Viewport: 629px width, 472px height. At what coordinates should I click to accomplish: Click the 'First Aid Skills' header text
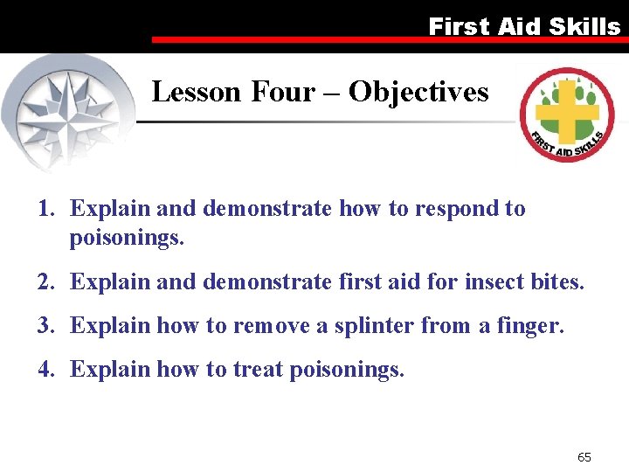pyautogui.click(x=524, y=26)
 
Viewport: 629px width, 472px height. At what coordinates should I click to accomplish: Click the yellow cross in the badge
pyautogui.click(x=565, y=112)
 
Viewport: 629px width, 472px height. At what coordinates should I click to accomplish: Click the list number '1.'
pyautogui.click(x=48, y=209)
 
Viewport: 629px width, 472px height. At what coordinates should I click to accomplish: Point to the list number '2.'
pyautogui.click(x=48, y=282)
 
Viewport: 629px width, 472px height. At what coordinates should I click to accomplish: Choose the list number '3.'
pyautogui.click(x=48, y=326)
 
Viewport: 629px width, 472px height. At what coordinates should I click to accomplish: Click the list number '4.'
pyautogui.click(x=48, y=370)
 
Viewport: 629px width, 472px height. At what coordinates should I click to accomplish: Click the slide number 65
pyautogui.click(x=584, y=457)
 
